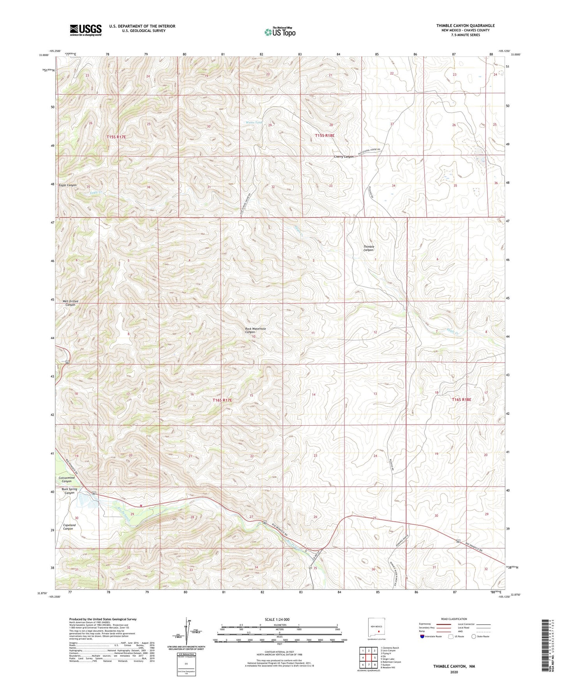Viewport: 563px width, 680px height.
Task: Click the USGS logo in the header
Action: tap(85, 30)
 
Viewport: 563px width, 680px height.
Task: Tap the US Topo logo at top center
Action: tap(279, 32)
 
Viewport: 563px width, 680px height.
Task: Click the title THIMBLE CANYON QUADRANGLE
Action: tap(465, 26)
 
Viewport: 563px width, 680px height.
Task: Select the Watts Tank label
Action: tap(254, 122)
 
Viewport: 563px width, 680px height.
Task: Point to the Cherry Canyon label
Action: tap(344, 157)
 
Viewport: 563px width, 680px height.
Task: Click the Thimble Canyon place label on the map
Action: tap(369, 248)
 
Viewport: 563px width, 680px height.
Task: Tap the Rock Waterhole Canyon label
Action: tap(255, 330)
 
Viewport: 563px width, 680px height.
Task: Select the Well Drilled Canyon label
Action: tap(70, 303)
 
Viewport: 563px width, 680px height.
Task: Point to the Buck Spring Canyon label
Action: tap(69, 491)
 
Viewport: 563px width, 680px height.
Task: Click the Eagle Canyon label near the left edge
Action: tap(67, 185)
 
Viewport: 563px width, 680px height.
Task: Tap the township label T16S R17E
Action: tap(222, 400)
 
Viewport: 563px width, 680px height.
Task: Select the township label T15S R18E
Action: tap(324, 136)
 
